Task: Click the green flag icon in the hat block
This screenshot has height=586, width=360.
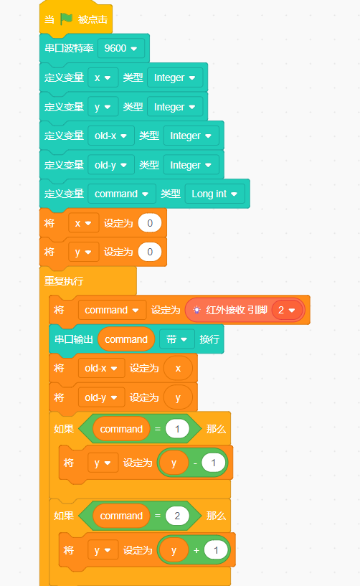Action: coord(66,19)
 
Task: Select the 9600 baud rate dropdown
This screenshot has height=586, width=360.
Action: coord(120,48)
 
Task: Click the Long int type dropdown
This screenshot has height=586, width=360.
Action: coord(214,194)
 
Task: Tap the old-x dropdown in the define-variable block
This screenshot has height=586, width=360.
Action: coord(111,136)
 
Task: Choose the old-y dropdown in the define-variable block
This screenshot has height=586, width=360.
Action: coord(111,165)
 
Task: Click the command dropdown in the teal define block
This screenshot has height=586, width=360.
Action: coord(121,194)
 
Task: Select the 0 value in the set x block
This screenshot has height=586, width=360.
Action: coord(150,223)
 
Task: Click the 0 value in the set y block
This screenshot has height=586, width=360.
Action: coord(150,252)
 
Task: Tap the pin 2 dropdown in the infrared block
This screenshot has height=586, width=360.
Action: coord(287,310)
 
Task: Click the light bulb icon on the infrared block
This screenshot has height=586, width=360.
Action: coord(196,310)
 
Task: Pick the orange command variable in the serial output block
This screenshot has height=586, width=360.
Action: coord(126,339)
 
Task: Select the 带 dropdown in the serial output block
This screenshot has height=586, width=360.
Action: coord(177,339)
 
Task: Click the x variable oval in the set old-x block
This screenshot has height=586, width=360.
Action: coord(178,368)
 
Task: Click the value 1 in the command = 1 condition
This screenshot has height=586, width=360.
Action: coord(177,429)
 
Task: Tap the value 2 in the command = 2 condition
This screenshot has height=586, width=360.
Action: coord(177,516)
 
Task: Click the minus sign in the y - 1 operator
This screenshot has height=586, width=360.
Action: coord(195,463)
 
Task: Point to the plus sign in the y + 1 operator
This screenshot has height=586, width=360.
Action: coord(196,550)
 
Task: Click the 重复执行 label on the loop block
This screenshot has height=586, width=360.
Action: coord(64,281)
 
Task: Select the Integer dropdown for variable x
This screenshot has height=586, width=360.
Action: coord(175,77)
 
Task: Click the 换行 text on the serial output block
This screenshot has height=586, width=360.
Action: coord(209,339)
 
